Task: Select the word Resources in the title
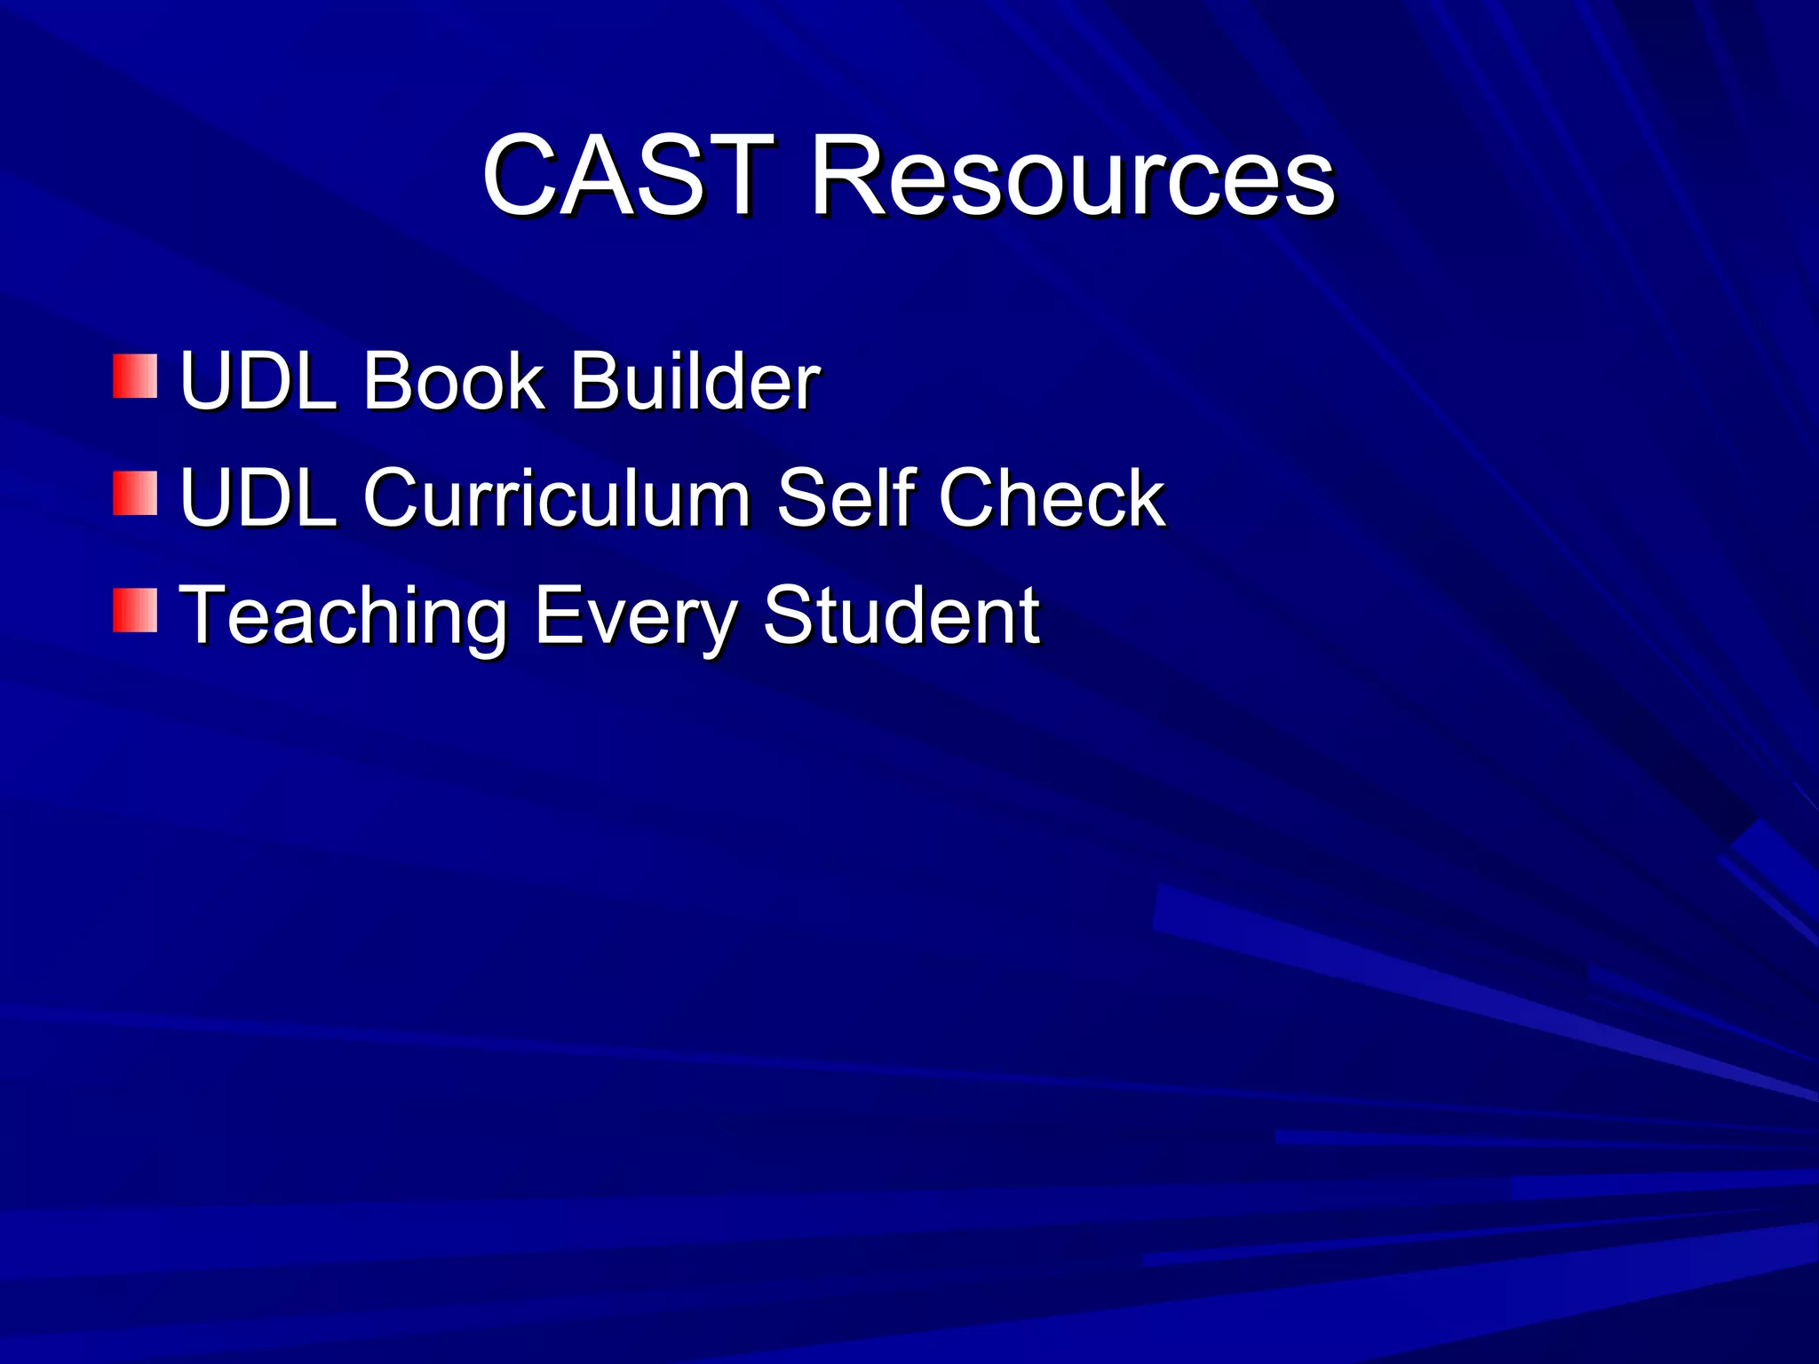[x=1072, y=175]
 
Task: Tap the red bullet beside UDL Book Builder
[x=135, y=376]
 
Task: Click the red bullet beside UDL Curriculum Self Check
[x=135, y=493]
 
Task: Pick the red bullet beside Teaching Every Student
[x=135, y=610]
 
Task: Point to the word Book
[x=453, y=381]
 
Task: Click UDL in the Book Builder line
[x=258, y=381]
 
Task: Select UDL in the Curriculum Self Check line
[x=258, y=498]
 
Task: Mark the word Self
[x=845, y=498]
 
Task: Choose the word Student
[x=901, y=615]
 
